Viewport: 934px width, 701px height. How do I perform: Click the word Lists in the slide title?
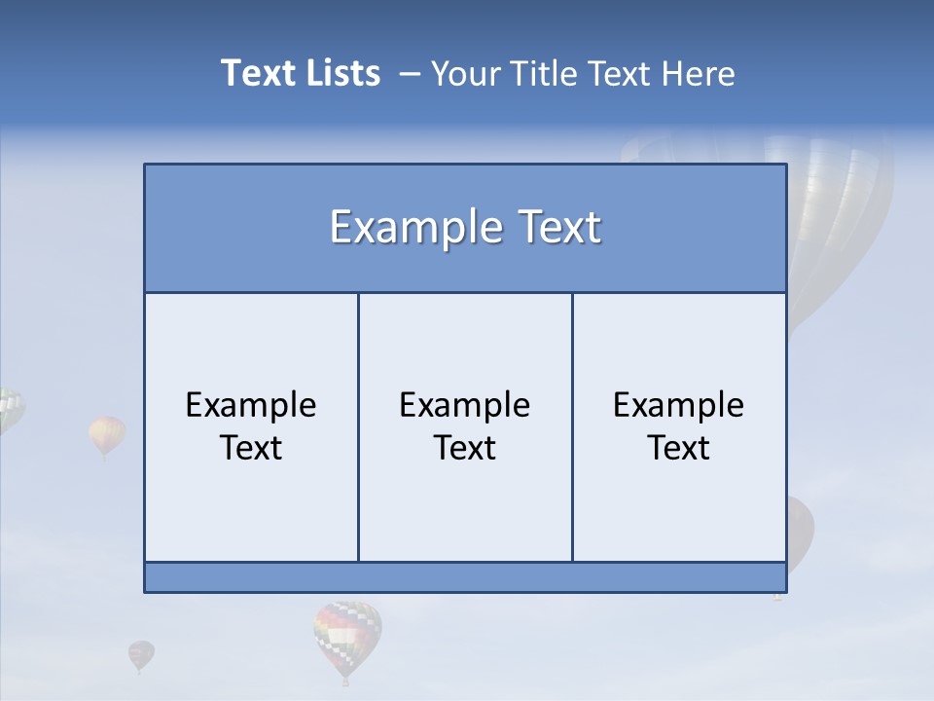click(x=339, y=73)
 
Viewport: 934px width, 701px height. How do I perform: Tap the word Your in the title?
click(x=463, y=73)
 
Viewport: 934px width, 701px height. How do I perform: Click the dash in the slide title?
click(x=409, y=74)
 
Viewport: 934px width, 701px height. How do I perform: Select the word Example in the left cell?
click(x=251, y=405)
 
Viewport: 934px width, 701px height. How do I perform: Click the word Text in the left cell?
click(x=251, y=448)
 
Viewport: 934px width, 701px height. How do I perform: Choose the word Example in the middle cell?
click(x=465, y=405)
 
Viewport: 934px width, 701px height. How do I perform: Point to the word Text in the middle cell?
click(x=465, y=448)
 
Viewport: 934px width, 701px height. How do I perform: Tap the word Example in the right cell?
click(x=679, y=405)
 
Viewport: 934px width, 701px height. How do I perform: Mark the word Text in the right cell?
click(x=679, y=448)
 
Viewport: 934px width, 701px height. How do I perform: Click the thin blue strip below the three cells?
click(x=465, y=577)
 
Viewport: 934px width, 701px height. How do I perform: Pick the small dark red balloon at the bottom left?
click(x=141, y=654)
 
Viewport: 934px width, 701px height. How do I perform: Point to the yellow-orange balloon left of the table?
click(x=107, y=434)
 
